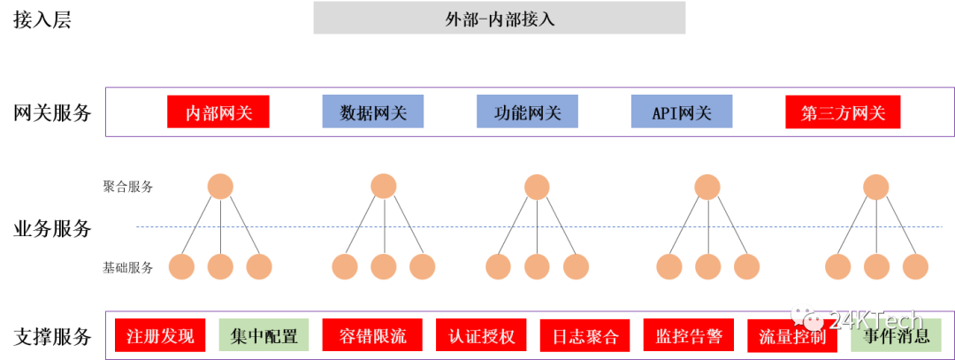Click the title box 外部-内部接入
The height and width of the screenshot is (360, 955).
tap(500, 19)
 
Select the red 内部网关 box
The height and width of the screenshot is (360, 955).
tap(218, 112)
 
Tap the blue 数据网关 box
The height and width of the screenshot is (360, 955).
tap(372, 112)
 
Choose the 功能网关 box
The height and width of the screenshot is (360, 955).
tap(527, 112)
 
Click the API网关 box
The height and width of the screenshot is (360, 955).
tap(681, 112)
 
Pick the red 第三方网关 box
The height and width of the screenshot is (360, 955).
tap(842, 112)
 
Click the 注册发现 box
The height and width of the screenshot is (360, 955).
tap(160, 335)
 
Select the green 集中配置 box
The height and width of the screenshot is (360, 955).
tap(264, 335)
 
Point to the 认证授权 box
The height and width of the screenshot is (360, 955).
tap(481, 335)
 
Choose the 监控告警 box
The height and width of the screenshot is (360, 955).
tap(689, 336)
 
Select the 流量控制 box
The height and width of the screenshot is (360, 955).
tap(792, 336)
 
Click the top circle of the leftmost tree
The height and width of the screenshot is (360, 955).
tap(220, 187)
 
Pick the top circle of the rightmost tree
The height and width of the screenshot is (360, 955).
tap(875, 187)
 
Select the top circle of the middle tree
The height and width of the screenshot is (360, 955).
tap(537, 187)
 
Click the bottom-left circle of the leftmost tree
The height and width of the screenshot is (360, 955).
tap(181, 266)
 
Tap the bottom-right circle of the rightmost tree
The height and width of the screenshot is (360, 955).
tap(915, 266)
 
